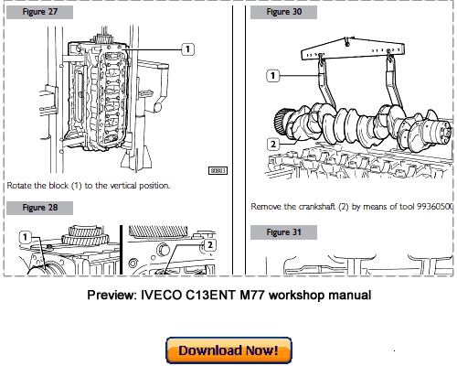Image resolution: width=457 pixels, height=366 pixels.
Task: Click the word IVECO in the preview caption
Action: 171,296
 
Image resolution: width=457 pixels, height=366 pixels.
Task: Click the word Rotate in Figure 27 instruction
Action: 22,185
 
